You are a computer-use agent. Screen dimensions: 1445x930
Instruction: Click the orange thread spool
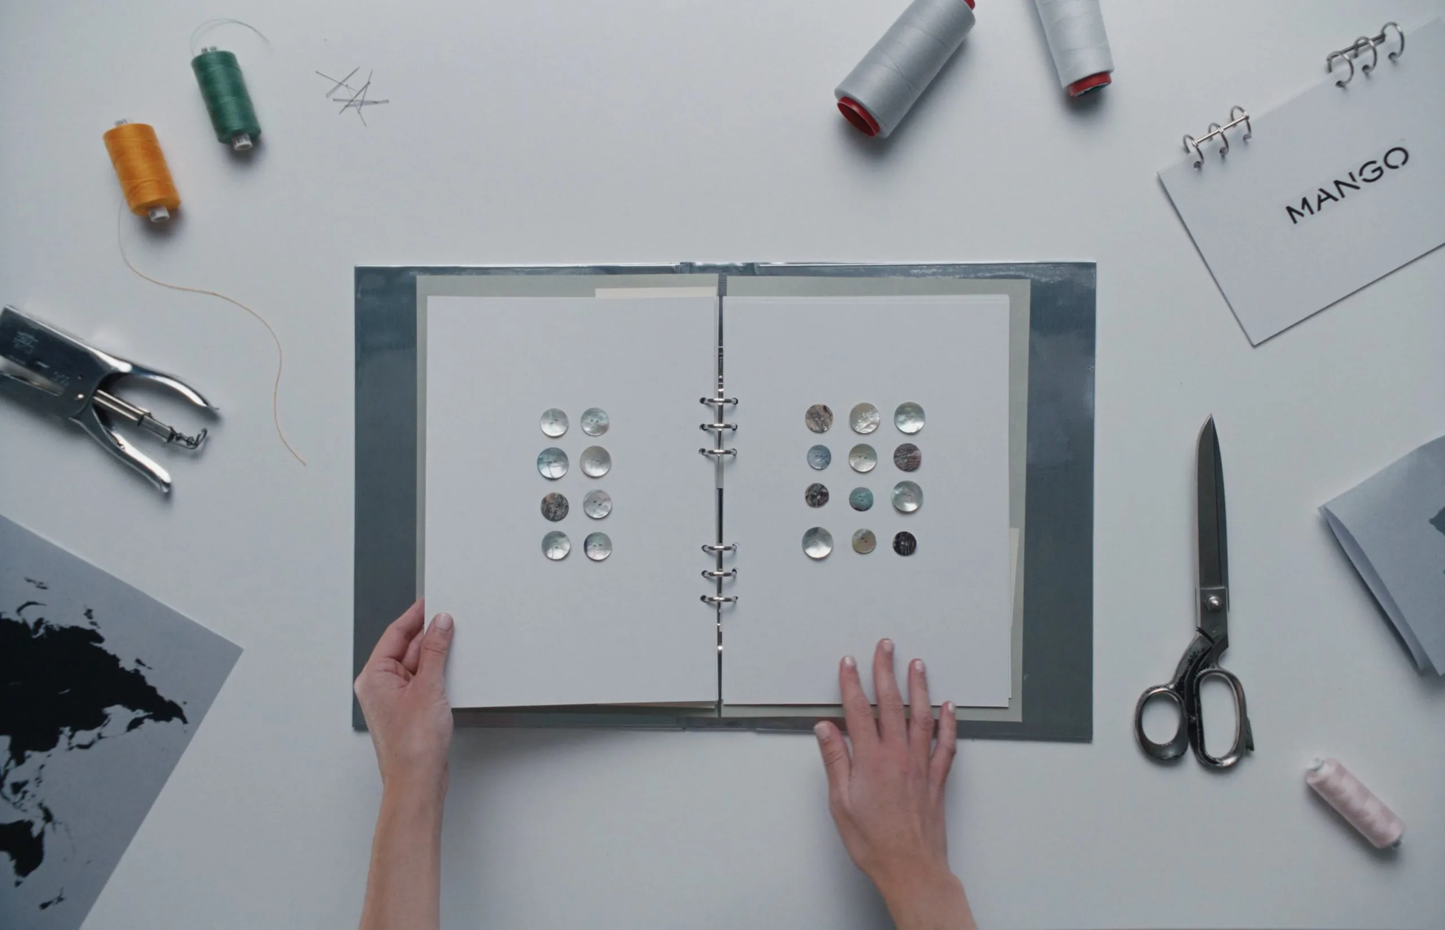point(142,171)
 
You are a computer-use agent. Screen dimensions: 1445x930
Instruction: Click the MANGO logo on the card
point(1348,185)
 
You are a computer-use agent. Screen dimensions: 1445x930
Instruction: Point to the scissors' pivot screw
point(1211,601)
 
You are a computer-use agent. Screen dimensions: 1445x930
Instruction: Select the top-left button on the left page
point(554,423)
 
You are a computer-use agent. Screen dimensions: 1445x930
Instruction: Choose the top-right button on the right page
point(909,418)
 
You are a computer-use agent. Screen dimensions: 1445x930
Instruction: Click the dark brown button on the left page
point(555,507)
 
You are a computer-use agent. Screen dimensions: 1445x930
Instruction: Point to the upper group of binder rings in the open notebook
point(719,426)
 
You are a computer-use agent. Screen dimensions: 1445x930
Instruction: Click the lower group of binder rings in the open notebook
point(719,574)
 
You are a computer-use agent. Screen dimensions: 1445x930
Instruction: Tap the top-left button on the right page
point(819,418)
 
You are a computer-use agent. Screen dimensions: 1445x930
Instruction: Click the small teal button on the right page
point(861,499)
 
